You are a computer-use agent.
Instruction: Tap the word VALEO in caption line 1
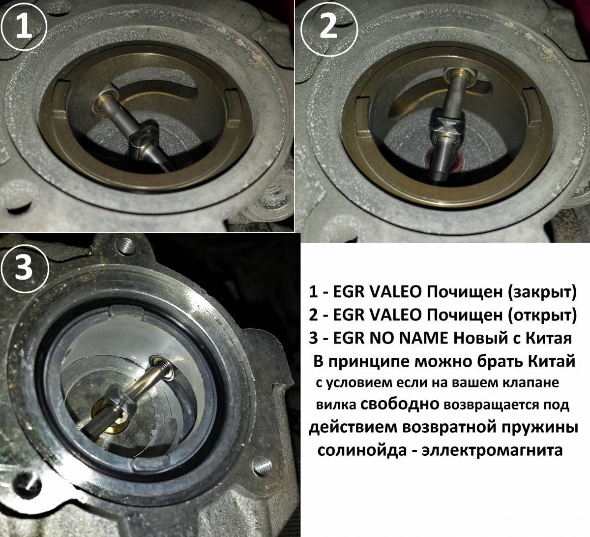395,292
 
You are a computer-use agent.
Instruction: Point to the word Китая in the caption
549,338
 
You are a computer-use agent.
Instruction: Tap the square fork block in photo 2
444,127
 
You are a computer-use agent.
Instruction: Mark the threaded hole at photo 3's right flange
262,465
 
